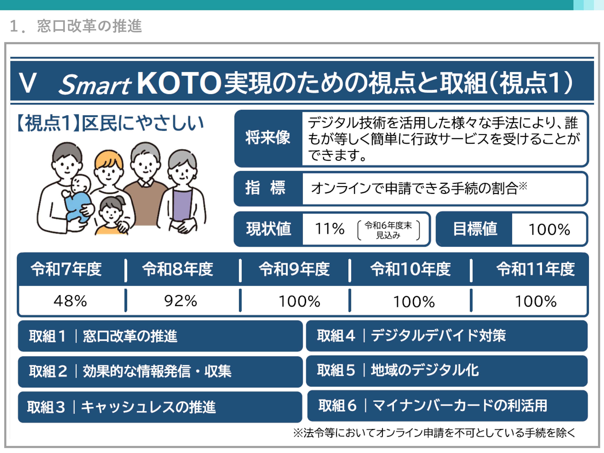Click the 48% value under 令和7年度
click(x=70, y=301)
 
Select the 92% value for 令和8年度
click(x=181, y=301)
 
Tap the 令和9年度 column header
click(x=294, y=269)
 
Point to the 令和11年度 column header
click(x=535, y=269)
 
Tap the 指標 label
click(x=265, y=188)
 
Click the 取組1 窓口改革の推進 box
click(x=160, y=336)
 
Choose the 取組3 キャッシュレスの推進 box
click(x=160, y=407)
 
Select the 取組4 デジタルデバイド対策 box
click(x=447, y=336)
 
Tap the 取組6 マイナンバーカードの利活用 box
click(x=447, y=406)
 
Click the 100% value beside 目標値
click(x=549, y=229)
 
